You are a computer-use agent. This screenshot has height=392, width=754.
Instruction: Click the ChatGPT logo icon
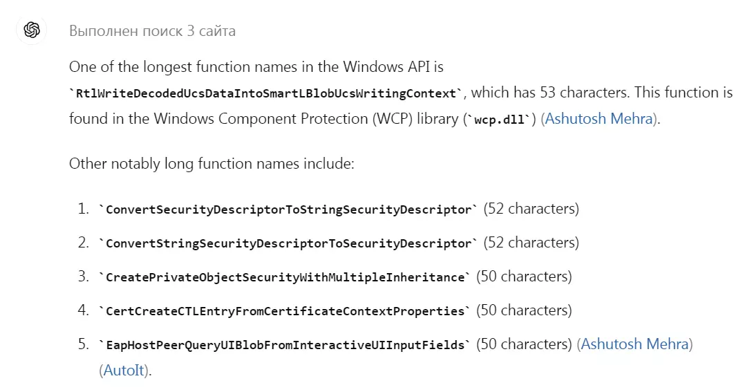pos(32,30)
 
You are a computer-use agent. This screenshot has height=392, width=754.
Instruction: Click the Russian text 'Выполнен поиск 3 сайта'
pos(153,31)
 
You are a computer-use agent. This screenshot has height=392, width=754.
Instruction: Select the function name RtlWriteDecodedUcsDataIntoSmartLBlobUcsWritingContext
pos(265,93)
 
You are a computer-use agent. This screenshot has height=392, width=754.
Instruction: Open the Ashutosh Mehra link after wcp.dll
pos(599,119)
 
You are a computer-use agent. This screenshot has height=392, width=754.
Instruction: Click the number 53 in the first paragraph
pos(548,93)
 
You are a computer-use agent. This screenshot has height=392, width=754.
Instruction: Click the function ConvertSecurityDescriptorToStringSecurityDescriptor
pos(288,209)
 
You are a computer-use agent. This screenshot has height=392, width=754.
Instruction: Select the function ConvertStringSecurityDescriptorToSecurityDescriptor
pos(288,243)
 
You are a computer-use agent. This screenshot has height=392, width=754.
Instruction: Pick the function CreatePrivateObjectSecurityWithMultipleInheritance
pos(285,277)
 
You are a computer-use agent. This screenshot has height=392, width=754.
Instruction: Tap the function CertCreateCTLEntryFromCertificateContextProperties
pos(285,311)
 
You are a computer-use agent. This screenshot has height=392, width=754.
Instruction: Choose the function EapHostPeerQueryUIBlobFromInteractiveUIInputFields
pos(285,346)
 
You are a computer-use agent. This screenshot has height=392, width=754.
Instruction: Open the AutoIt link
pos(124,371)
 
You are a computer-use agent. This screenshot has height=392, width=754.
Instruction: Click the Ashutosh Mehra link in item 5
pos(634,344)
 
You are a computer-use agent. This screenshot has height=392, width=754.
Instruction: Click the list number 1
pos(83,209)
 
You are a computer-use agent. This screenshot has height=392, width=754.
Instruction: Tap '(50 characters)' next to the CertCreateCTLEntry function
pos(524,310)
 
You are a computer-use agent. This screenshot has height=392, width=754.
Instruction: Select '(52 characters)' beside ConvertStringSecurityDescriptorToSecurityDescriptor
pos(531,243)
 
